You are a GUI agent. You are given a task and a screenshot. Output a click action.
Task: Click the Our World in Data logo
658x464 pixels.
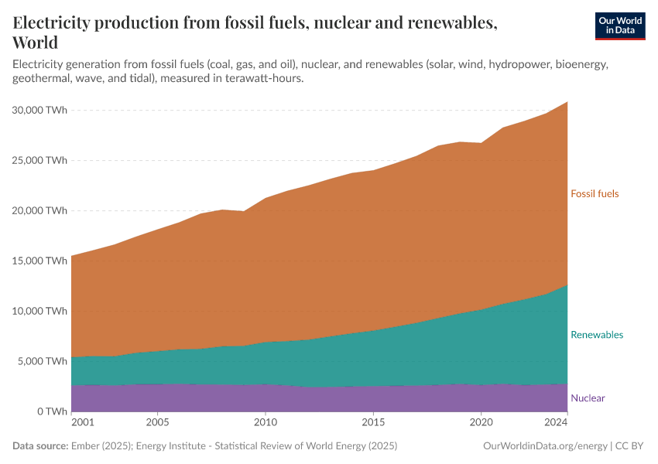[x=619, y=26]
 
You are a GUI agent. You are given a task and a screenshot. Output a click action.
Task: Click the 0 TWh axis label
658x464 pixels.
[x=50, y=411]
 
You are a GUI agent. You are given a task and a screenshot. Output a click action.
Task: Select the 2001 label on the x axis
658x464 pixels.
[x=82, y=424]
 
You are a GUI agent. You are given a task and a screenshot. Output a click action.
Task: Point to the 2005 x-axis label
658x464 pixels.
[x=157, y=424]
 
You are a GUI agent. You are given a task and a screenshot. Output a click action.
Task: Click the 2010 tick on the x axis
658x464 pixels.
[x=266, y=424]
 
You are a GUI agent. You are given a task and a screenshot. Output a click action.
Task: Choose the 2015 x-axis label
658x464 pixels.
[x=373, y=424]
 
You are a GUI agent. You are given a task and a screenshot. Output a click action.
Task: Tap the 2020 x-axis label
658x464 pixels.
[x=482, y=424]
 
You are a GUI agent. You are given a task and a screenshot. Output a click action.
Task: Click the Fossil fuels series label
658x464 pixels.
[x=595, y=194]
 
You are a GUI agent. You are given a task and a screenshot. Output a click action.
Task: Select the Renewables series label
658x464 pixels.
[x=596, y=335]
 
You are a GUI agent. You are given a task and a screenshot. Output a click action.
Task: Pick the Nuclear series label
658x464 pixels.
[x=588, y=398]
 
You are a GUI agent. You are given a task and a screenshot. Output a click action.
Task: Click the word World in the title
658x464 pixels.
[x=35, y=42]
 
